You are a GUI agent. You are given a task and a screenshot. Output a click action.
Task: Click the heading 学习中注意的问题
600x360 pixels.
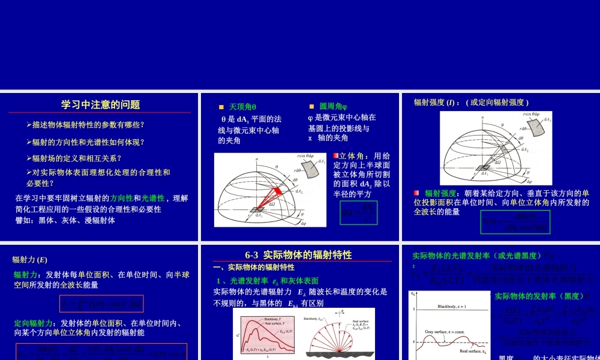[x=100, y=104]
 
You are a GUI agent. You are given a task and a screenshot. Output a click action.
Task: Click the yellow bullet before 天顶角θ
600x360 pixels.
[x=221, y=107]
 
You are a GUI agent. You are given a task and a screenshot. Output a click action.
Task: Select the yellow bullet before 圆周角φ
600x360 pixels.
[x=311, y=107]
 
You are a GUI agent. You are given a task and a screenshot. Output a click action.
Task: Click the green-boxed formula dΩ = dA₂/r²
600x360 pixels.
[x=359, y=213]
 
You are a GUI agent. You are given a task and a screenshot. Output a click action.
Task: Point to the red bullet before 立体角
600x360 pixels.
[x=336, y=156]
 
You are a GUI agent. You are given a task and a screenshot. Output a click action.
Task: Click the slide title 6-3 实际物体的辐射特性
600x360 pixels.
[x=299, y=254]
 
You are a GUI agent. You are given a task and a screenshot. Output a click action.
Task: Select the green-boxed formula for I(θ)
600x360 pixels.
[x=515, y=222]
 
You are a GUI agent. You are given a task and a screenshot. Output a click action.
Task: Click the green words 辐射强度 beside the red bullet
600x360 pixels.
[x=440, y=193]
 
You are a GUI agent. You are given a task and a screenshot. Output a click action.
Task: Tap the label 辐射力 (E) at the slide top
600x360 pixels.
[x=30, y=260]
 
